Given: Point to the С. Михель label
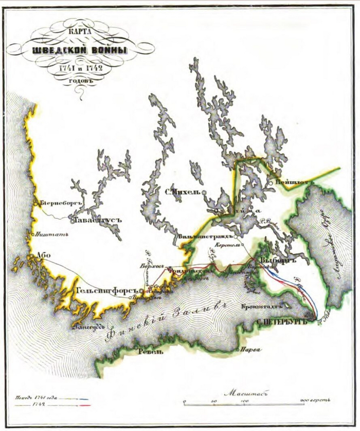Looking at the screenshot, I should [182, 193].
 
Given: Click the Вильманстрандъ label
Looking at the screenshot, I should [206, 237].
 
